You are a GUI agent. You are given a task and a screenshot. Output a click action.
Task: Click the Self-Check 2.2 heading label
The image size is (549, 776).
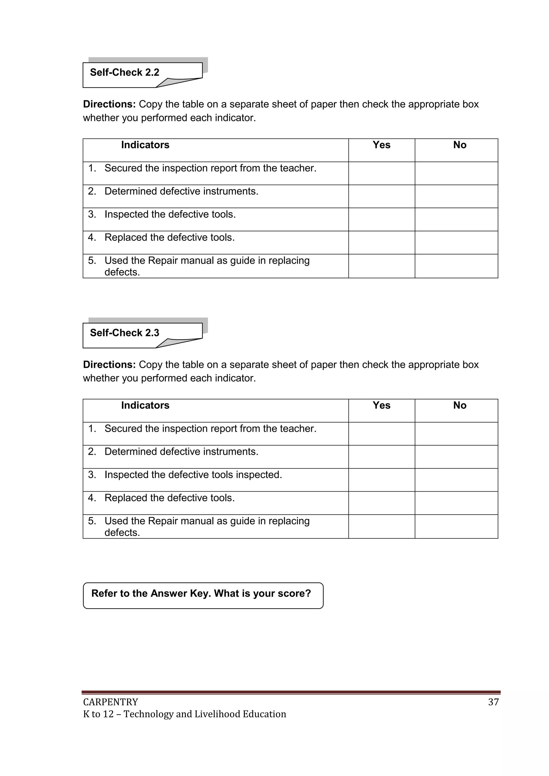(124, 72)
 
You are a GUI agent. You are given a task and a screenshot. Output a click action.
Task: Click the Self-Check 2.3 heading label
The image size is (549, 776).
(124, 333)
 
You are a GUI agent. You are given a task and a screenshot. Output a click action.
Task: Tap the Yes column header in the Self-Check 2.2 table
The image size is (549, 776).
(381, 145)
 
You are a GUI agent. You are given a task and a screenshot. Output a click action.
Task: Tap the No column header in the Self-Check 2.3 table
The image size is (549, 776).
(459, 405)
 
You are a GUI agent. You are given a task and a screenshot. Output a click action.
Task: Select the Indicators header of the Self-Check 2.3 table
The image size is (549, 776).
(145, 405)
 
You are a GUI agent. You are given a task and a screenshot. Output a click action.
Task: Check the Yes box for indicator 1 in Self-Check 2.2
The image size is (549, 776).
(381, 173)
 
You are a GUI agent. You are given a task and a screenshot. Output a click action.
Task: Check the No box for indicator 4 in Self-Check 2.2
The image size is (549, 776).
(456, 243)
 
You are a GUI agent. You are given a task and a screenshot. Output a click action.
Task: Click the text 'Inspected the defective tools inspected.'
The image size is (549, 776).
(193, 475)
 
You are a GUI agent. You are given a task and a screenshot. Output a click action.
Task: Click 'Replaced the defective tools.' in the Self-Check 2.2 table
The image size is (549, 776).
(169, 237)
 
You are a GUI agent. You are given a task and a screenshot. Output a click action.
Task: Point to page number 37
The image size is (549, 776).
(493, 702)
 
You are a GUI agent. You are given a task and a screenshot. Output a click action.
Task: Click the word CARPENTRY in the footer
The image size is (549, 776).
(110, 702)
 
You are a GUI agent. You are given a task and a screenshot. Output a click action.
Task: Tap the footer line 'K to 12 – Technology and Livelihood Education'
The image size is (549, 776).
(185, 714)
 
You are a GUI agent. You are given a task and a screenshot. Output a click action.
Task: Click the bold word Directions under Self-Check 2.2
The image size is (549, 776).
(109, 105)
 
